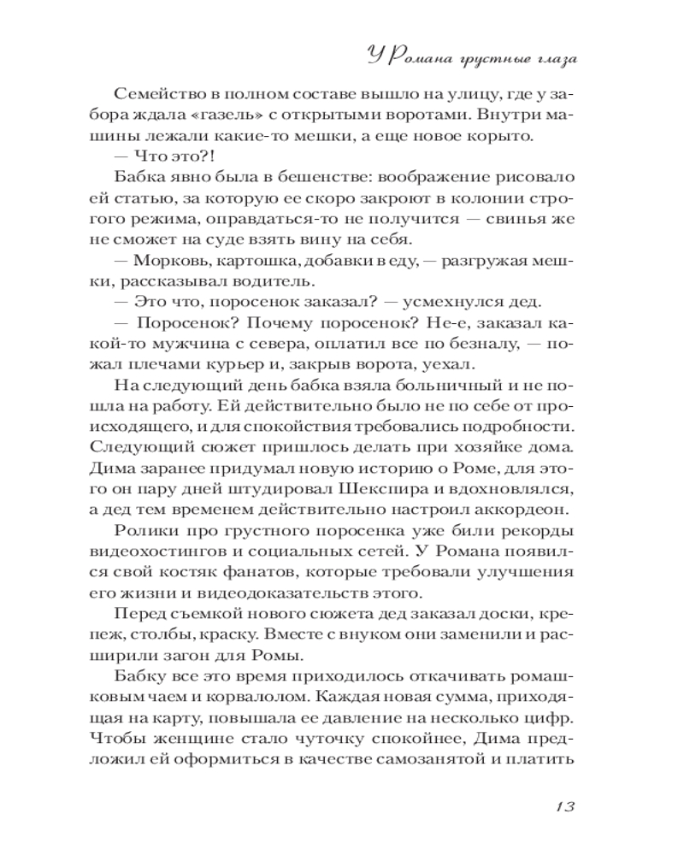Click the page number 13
[x=568, y=806]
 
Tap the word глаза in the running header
[x=544, y=59]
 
